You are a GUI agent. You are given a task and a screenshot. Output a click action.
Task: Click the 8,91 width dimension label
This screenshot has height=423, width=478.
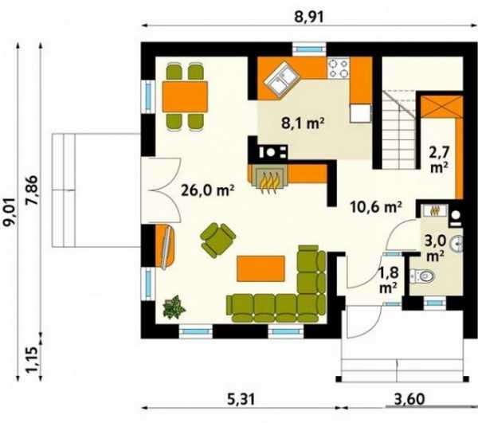(309, 17)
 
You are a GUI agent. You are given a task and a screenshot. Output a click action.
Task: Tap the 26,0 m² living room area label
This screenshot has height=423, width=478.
(208, 190)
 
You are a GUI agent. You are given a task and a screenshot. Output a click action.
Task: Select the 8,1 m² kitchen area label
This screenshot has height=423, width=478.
(303, 123)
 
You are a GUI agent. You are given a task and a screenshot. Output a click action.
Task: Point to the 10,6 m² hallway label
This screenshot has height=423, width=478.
(375, 207)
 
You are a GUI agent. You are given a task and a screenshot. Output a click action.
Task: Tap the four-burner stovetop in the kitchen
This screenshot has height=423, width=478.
(339, 68)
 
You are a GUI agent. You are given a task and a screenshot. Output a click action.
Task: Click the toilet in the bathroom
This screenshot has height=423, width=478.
(422, 276)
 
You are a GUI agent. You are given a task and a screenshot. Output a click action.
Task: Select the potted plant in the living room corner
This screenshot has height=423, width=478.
(174, 307)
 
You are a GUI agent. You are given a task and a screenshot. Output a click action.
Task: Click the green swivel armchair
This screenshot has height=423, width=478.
(217, 240)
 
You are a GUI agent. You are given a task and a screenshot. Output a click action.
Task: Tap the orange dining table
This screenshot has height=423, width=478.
(185, 96)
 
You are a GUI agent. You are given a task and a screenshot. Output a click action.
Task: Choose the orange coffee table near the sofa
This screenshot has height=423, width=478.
(261, 268)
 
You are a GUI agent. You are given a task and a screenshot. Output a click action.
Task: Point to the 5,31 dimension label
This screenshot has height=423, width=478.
(241, 399)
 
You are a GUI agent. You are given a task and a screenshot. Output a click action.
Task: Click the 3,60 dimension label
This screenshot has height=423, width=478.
(409, 399)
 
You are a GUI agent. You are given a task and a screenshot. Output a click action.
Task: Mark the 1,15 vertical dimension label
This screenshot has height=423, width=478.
(32, 359)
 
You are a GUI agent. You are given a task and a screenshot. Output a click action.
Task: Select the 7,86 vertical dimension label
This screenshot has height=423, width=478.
(32, 190)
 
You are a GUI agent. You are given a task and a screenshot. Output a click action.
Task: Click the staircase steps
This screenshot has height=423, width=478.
(399, 130)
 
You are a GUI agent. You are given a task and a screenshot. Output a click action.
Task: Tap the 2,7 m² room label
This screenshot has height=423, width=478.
(439, 159)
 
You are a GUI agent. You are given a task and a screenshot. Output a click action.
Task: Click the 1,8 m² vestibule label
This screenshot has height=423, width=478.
(389, 280)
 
